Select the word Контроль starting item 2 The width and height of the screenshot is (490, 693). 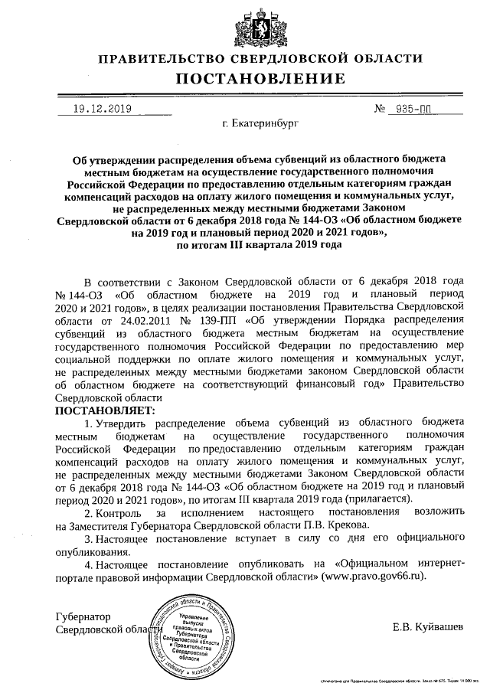pyautogui.click(x=119, y=512)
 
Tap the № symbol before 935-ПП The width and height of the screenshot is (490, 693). pyautogui.click(x=380, y=109)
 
